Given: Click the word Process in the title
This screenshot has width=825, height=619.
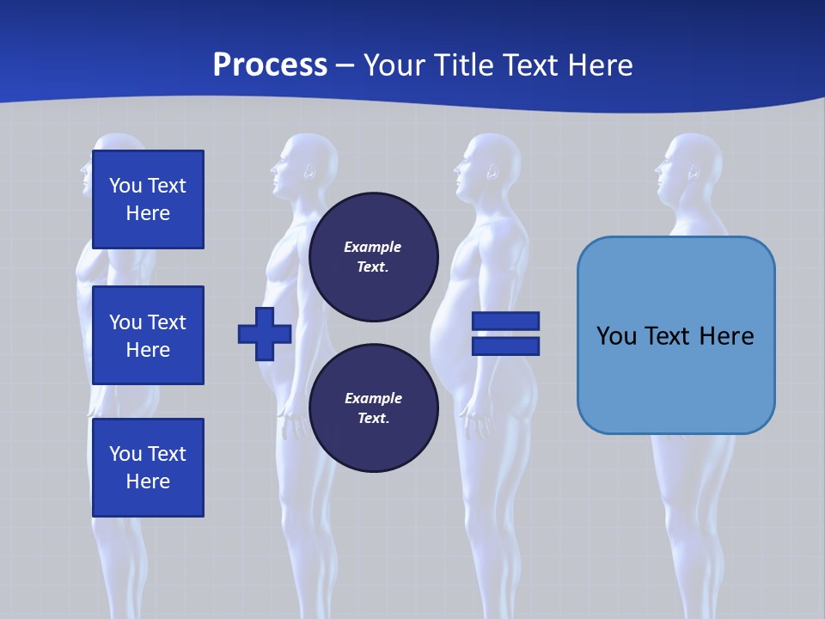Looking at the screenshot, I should (270, 65).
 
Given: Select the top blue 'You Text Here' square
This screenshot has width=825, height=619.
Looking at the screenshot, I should (148, 199).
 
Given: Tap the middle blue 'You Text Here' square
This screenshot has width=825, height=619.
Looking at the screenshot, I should (148, 335).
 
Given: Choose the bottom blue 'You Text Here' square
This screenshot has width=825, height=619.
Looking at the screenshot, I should (148, 468).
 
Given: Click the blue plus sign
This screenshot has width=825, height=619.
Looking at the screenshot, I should (264, 334).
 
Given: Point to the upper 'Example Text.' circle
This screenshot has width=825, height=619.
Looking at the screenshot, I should (373, 257).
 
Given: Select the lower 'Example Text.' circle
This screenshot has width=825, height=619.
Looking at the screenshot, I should (373, 408).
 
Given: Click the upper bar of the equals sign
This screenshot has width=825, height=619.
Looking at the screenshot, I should (505, 322).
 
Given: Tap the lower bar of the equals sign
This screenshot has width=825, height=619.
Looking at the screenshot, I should (505, 346).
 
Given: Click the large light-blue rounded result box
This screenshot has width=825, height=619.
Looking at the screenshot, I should (675, 335).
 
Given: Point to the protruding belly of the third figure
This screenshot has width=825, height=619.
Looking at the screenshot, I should (447, 335).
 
